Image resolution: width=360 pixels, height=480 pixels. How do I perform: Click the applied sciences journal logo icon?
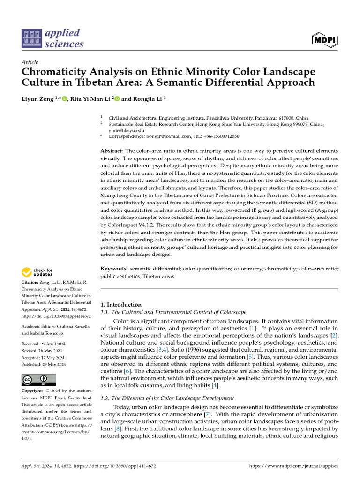tap(32, 38)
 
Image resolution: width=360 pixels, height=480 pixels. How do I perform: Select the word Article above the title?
tap(30, 62)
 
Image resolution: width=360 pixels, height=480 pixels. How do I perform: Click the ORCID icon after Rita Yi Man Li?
tap(117, 99)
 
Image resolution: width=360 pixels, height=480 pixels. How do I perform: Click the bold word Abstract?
tap(112, 151)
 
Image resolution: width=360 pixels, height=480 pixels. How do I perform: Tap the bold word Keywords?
tap(114, 269)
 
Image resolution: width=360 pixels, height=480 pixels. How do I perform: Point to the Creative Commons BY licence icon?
tap(38, 380)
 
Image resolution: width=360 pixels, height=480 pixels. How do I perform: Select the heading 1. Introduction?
tap(121, 305)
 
